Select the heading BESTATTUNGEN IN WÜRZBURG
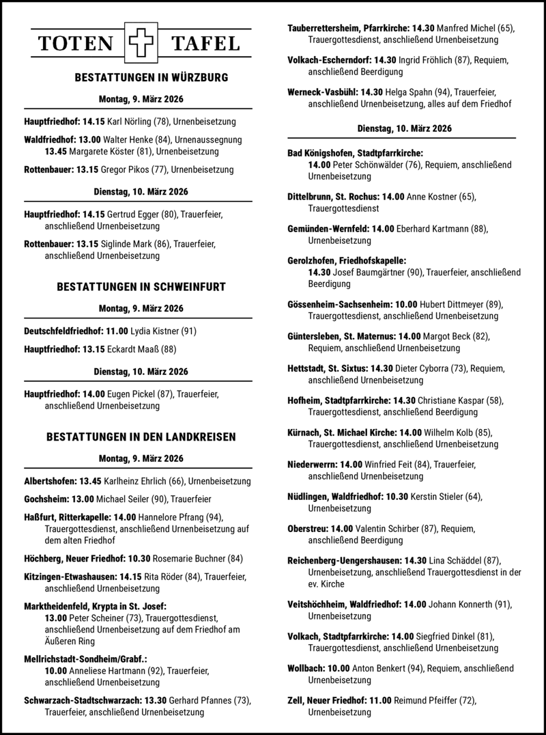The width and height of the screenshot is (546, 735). [x=141, y=77]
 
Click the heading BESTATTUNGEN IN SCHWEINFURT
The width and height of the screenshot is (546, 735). [x=141, y=286]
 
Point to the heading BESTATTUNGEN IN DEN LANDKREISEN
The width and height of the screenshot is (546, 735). [x=141, y=436]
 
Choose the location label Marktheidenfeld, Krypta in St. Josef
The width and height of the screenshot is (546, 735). [x=94, y=605]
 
